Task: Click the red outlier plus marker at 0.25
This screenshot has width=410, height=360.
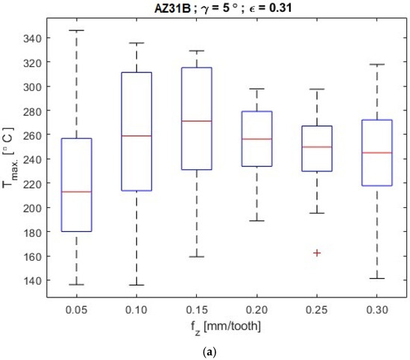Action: [x=317, y=253]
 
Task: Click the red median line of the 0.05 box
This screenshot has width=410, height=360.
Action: [x=76, y=192]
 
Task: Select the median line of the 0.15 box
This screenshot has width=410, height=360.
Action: [x=197, y=121]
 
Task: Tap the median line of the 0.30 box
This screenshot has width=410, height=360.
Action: [x=376, y=153]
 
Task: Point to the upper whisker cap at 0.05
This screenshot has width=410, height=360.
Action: [x=76, y=31]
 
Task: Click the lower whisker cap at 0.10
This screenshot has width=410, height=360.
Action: [x=136, y=285]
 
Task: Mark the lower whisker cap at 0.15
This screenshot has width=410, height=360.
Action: [x=197, y=256]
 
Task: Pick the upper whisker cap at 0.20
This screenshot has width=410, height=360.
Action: [x=256, y=89]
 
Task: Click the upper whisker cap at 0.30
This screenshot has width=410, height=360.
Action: [x=376, y=64]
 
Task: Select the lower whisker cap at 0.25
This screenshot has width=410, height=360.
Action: [x=317, y=213]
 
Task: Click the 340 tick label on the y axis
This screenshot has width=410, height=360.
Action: [x=32, y=39]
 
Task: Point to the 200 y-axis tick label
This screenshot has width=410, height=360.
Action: [x=32, y=208]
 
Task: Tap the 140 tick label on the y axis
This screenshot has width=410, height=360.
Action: [x=32, y=281]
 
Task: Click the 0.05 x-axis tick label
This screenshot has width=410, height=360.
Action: [x=76, y=310]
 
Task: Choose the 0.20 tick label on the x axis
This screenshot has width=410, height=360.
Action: [x=256, y=310]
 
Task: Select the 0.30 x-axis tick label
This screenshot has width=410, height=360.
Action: [x=376, y=310]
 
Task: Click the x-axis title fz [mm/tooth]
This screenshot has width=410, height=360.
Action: [x=226, y=327]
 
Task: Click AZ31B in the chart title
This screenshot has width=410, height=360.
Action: [x=172, y=8]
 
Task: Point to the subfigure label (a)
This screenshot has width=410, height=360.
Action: [x=209, y=353]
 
